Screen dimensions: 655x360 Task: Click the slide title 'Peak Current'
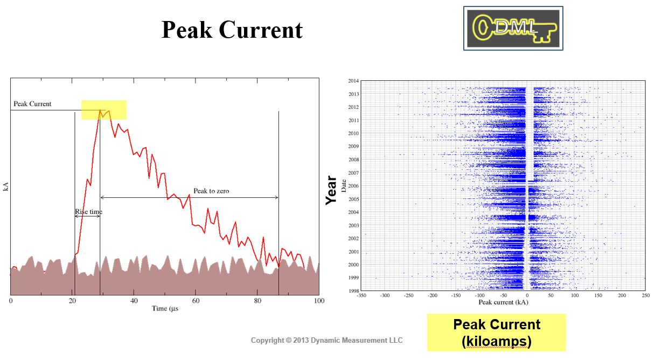click(232, 30)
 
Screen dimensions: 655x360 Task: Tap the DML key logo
click(513, 29)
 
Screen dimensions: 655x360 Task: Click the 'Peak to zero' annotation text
click(211, 191)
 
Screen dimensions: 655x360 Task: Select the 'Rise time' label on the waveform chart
click(88, 211)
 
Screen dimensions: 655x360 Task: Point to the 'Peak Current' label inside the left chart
click(32, 104)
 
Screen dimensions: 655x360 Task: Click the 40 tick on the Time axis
click(134, 301)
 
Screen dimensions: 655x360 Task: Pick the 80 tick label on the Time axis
click(257, 301)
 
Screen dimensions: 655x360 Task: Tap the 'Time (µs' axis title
click(165, 308)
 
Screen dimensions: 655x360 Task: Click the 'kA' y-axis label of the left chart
click(6, 186)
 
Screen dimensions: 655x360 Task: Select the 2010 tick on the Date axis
click(353, 133)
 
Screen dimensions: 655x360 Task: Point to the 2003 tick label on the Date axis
click(353, 225)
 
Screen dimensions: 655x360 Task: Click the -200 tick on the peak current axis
click(432, 295)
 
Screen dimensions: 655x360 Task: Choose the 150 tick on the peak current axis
click(598, 295)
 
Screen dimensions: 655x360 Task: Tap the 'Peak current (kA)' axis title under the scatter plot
click(503, 302)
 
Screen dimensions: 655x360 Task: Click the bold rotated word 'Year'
click(331, 190)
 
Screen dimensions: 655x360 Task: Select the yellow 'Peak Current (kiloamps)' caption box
click(497, 333)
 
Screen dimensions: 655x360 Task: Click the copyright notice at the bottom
click(326, 341)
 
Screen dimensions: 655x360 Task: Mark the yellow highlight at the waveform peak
click(104, 110)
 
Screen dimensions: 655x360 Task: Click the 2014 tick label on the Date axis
click(353, 81)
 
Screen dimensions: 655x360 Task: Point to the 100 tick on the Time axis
click(319, 301)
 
